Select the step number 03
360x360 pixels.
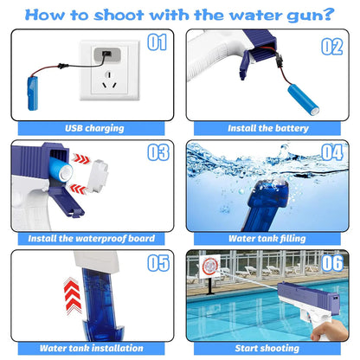point(157,153)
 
